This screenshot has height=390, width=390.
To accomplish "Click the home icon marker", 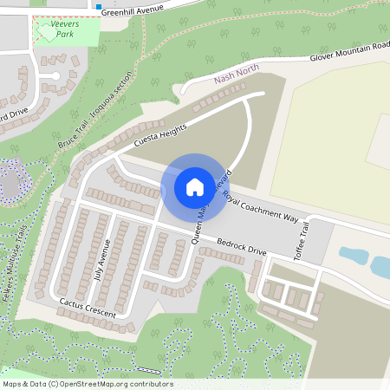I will pyautogui.click(x=194, y=186).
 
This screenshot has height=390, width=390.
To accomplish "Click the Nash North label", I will pyautogui.click(x=237, y=79).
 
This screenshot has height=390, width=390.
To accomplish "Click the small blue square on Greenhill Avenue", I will pyautogui.click(x=99, y=6).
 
